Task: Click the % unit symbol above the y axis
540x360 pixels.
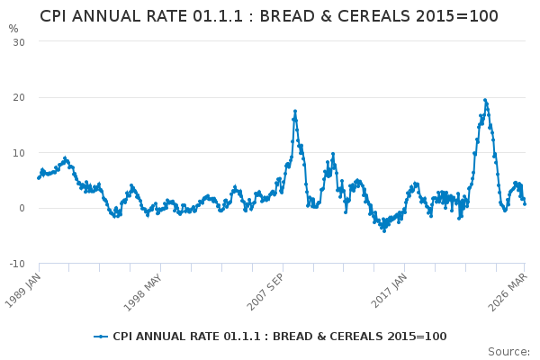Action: [13, 29]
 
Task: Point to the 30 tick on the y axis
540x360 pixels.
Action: [18, 42]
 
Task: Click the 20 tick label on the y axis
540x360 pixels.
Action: [18, 97]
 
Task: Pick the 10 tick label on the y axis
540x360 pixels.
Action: [18, 153]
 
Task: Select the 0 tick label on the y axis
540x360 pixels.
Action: [22, 208]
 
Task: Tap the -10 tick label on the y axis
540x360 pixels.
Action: [16, 264]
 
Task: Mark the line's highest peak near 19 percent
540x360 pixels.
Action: [484, 100]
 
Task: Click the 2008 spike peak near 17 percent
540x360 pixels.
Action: [294, 112]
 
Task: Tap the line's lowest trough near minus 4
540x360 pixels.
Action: [383, 230]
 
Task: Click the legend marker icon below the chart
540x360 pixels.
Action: [101, 337]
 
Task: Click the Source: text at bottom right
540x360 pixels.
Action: [508, 351]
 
